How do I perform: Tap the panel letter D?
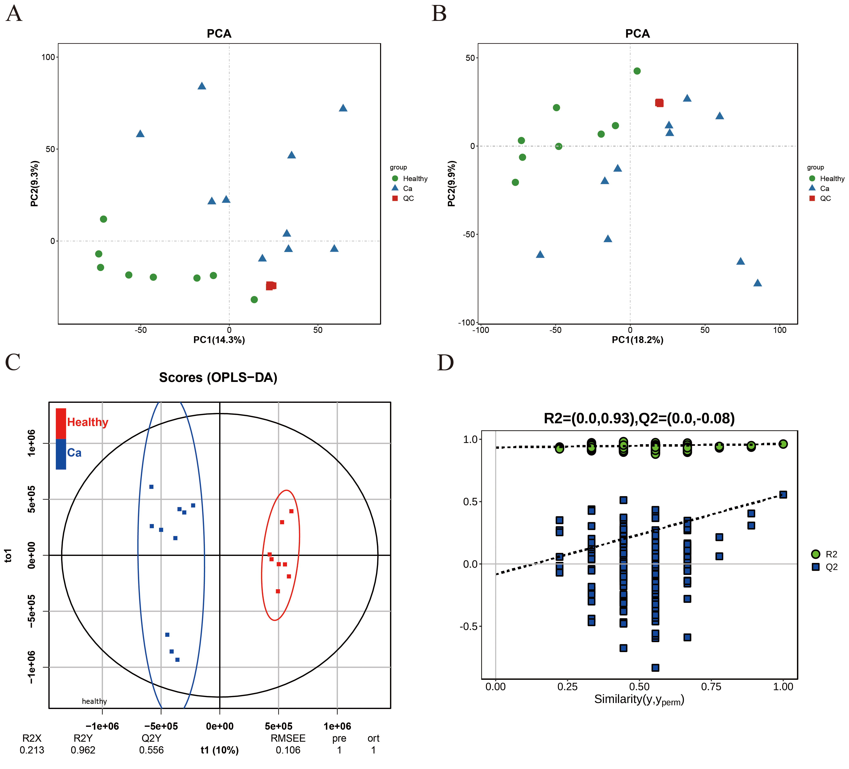pos(445,362)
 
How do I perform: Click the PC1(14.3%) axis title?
pos(219,340)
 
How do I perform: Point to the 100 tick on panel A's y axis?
pos(48,57)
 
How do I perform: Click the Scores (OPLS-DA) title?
pos(218,378)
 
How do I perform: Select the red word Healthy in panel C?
pos(88,422)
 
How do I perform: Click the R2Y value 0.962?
pos(83,750)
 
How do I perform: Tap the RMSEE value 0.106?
pos(288,750)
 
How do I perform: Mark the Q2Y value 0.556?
pos(151,750)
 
